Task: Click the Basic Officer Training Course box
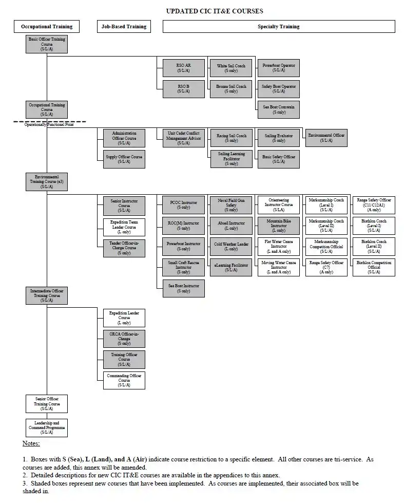(47, 44)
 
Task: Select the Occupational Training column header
(47, 27)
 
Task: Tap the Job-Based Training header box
(124, 27)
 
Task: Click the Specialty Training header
(279, 27)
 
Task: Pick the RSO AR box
(183, 68)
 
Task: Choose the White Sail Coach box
(231, 68)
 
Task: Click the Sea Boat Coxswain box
(279, 109)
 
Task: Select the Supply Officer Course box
(124, 159)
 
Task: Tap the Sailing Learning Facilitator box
(231, 159)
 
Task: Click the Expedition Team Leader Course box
(124, 227)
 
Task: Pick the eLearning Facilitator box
(231, 267)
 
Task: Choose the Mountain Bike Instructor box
(279, 226)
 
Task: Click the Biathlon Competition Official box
(374, 267)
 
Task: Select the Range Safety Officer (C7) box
(326, 267)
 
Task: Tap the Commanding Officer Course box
(124, 380)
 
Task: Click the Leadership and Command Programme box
(47, 427)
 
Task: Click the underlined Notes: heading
(31, 443)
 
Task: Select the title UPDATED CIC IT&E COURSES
(215, 11)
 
